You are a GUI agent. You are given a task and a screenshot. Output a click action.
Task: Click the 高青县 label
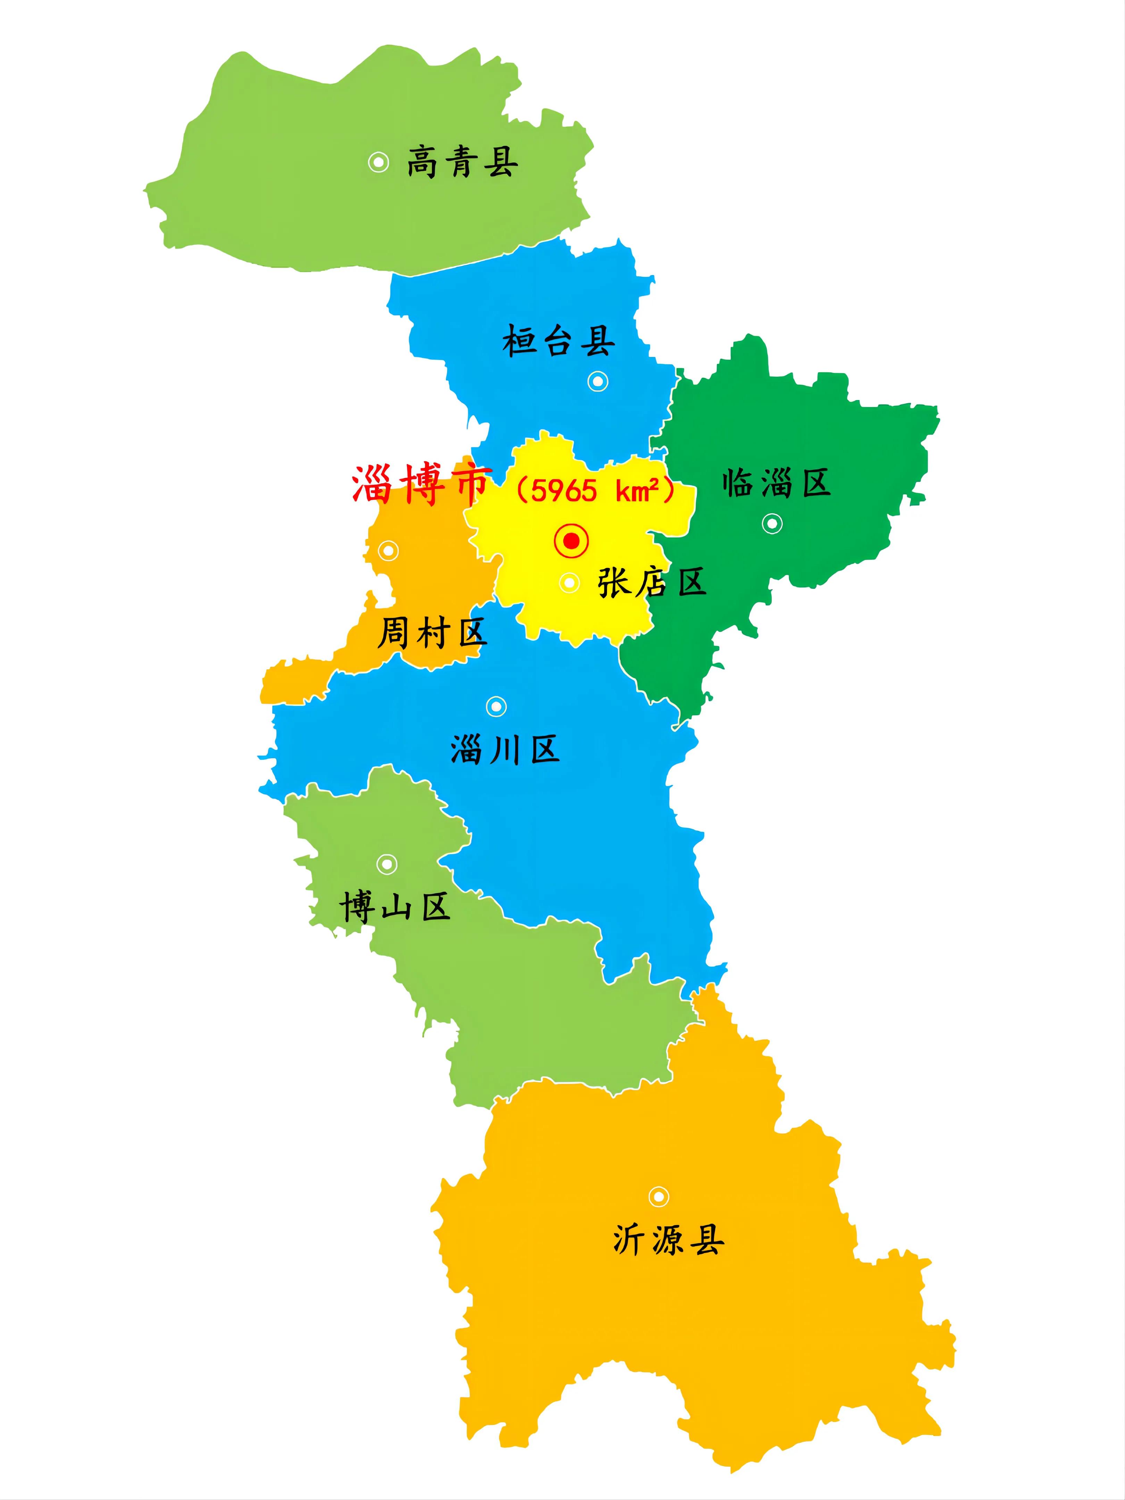(x=462, y=162)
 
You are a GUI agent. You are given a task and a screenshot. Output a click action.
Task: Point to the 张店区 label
(x=652, y=582)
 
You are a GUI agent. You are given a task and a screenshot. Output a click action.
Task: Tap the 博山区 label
(x=395, y=907)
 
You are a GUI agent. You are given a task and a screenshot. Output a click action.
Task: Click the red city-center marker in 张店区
(x=571, y=541)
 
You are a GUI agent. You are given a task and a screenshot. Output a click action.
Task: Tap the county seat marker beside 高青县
(x=378, y=162)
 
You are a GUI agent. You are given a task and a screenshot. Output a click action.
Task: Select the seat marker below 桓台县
(x=598, y=381)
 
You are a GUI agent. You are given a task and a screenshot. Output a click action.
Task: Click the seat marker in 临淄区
(x=772, y=524)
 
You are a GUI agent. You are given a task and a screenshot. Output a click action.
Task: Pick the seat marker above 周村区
(x=388, y=551)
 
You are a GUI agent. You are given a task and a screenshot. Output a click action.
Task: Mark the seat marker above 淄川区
(x=497, y=707)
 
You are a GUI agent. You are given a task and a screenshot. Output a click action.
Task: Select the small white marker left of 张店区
(x=569, y=583)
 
